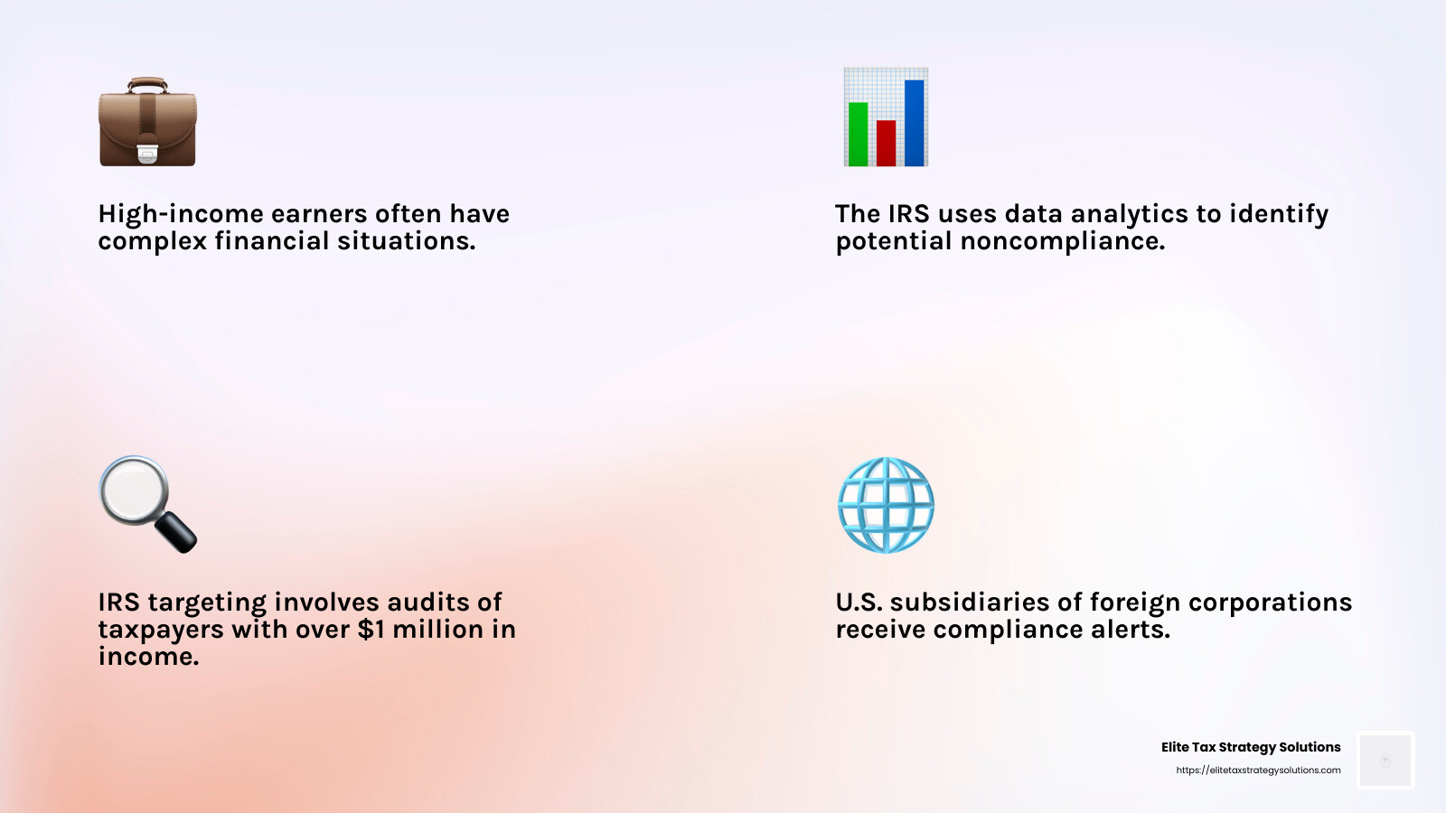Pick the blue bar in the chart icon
[x=914, y=123]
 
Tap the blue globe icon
[x=886, y=505]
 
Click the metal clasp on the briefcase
[x=147, y=154]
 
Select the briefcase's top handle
[x=147, y=83]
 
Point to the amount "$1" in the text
[x=371, y=630]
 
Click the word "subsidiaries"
[x=971, y=603]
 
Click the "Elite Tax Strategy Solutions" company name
[x=1251, y=747]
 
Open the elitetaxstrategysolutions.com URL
[x=1258, y=771]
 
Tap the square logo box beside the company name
[x=1385, y=760]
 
